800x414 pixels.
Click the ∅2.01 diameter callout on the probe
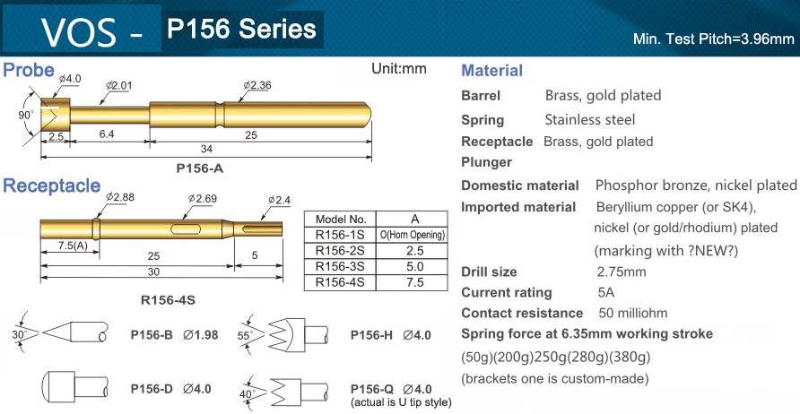click(119, 85)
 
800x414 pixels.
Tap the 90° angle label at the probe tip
click(25, 116)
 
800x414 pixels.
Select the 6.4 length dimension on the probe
click(106, 134)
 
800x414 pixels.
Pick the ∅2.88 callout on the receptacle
click(119, 196)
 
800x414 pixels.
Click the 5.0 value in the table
click(413, 266)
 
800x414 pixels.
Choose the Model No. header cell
click(340, 219)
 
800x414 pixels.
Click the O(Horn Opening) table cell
click(413, 235)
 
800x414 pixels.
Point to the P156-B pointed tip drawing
click(75, 335)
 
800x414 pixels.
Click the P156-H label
click(371, 335)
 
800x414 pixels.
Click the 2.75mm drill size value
click(622, 272)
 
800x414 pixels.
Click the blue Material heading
click(491, 71)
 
